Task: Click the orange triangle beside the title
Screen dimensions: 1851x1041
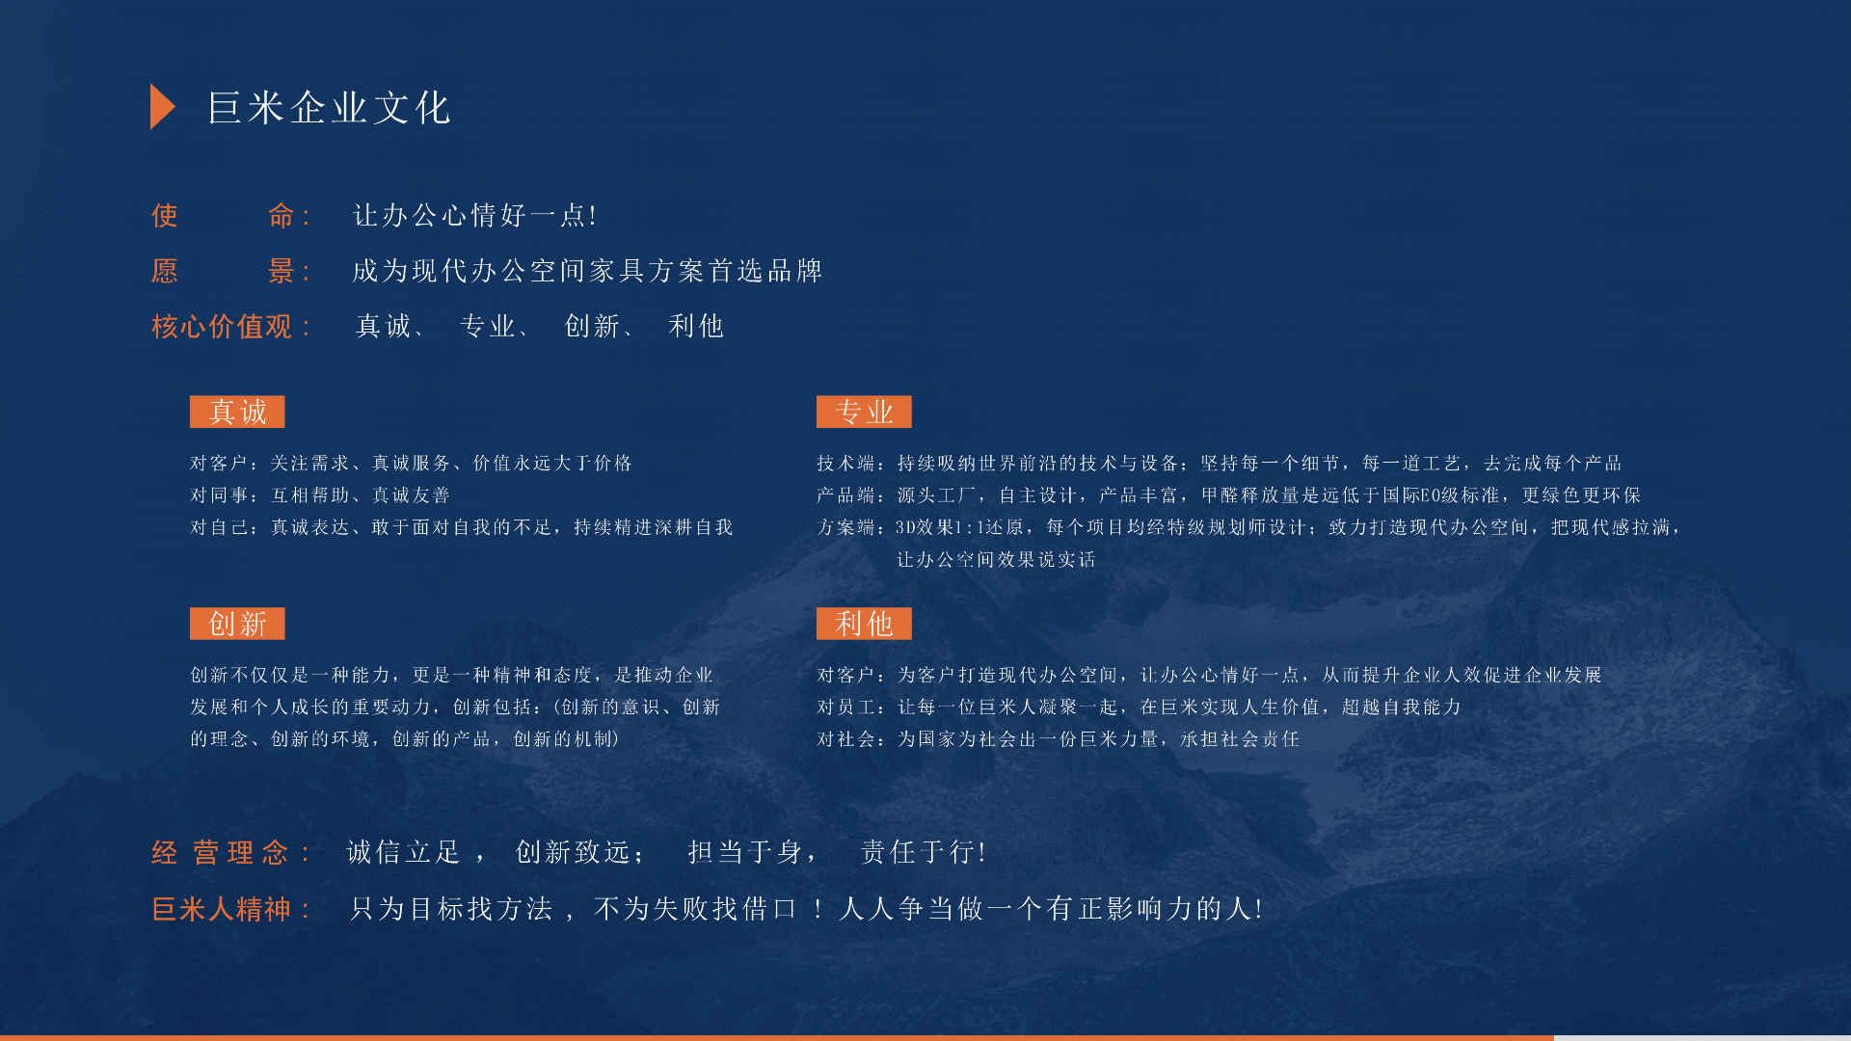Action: click(161, 106)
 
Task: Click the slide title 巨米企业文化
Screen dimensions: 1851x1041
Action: click(330, 108)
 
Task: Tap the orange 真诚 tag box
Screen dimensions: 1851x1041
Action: click(237, 412)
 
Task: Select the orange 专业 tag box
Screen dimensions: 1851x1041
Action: click(864, 412)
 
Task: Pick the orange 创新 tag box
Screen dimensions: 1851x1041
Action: click(237, 624)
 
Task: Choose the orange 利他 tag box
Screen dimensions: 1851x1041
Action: click(864, 624)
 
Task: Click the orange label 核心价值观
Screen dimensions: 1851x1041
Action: click(222, 327)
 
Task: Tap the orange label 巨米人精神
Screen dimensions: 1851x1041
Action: click(222, 909)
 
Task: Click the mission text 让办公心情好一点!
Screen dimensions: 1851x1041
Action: click(475, 215)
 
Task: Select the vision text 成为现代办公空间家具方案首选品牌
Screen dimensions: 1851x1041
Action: click(587, 271)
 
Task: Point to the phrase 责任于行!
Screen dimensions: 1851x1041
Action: click(923, 852)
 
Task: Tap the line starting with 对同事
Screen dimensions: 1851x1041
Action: click(320, 495)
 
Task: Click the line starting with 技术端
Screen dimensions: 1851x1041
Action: click(1220, 464)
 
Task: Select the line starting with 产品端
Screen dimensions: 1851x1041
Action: click(1228, 495)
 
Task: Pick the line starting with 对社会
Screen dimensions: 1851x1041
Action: click(1058, 739)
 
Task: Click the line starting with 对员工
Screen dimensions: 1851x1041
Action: click(1139, 707)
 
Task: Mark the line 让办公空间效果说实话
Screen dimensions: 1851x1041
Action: click(996, 560)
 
